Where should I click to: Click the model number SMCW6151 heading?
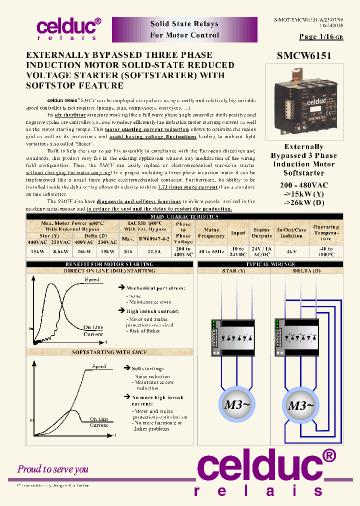click(304, 56)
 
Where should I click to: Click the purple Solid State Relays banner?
click(184, 29)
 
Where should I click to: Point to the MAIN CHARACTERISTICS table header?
click(184, 216)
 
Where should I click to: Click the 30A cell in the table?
click(128, 251)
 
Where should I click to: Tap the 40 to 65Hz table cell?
click(211, 251)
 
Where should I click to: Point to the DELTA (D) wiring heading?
click(306, 270)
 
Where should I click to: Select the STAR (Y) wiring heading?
click(233, 270)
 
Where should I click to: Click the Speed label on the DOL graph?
click(91, 280)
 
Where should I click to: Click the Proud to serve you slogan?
click(52, 469)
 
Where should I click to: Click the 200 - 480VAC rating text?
click(303, 185)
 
